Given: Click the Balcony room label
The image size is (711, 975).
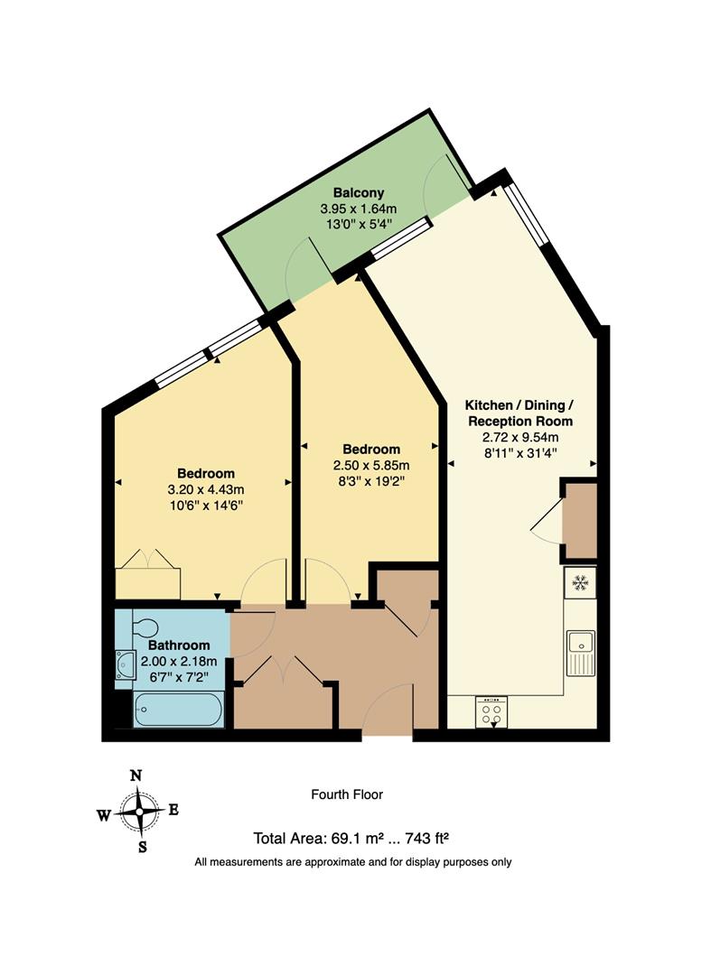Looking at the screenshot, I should coord(359,192).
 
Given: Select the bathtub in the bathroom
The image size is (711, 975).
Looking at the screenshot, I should coord(177,709).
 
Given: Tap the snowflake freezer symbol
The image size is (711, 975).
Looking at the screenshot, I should coord(579,583).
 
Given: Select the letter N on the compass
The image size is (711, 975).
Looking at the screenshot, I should coord(136,775).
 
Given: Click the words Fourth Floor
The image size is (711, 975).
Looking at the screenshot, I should coord(347,795).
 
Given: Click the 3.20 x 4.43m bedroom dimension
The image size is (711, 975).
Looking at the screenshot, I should coord(206,489).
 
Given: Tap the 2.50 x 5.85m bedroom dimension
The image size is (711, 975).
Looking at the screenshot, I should coord(371,465).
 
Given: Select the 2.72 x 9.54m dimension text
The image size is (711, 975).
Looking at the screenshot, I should coord(519,437).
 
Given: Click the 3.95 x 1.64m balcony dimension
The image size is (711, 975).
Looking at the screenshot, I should coord(359,209).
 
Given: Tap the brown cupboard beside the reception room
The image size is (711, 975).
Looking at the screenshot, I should coord(581,521).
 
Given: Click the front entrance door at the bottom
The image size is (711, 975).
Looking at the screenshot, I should coord(389,713).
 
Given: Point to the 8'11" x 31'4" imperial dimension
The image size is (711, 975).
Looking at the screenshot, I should coord(519,453).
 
